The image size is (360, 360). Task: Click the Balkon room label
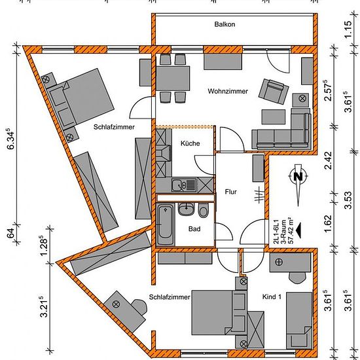tap(225, 24)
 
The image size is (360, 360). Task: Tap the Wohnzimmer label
tap(228, 91)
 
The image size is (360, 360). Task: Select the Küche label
tap(190, 143)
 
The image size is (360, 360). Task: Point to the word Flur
tap(231, 192)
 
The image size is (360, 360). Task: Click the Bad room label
tap(194, 229)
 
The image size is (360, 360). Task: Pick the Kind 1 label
tap(272, 297)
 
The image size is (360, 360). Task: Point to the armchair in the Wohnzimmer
tap(274, 92)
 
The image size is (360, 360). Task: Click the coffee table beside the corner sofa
tap(274, 117)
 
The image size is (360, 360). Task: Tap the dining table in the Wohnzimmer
tap(173, 79)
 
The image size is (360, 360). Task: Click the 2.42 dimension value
tap(329, 160)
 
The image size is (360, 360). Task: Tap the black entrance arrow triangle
tap(298, 231)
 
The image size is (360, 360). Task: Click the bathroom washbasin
tap(186, 209)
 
